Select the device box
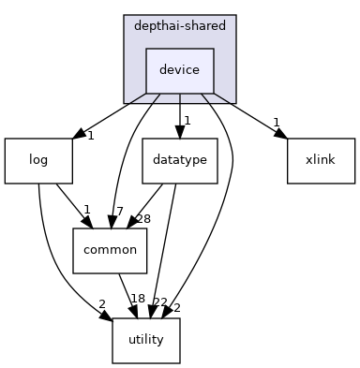[180, 70]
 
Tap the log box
[38, 160]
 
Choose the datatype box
[180, 160]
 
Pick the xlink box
[321, 160]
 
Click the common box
[111, 250]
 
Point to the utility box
[146, 340]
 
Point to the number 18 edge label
[138, 299]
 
